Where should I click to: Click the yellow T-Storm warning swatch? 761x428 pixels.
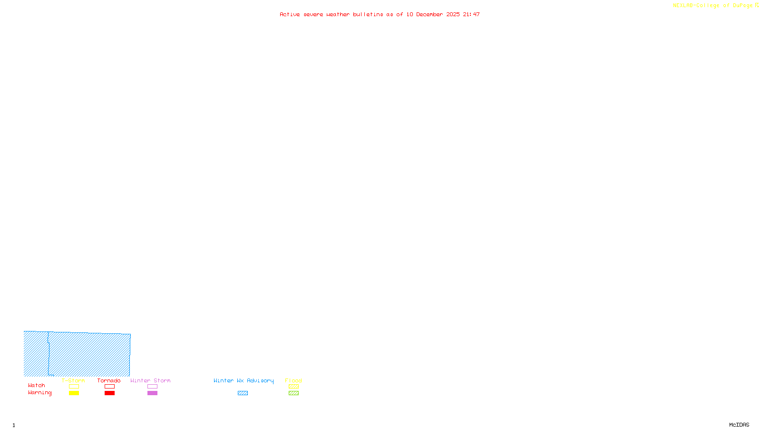tap(74, 393)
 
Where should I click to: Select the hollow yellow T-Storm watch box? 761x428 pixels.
tap(74, 387)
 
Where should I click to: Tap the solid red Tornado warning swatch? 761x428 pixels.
tap(109, 393)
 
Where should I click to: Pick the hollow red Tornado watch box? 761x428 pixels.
tap(109, 387)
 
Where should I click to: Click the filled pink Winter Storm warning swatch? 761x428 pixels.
tap(152, 393)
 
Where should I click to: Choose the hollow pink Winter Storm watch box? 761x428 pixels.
tap(152, 387)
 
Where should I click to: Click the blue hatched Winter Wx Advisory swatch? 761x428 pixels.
tap(243, 393)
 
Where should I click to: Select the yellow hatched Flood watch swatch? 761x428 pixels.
tap(293, 387)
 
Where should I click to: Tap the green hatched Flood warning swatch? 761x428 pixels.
tap(293, 393)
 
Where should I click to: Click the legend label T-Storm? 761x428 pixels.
tap(73, 380)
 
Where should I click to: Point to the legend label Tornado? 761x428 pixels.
tap(109, 380)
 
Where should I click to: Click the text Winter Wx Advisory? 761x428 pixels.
tap(244, 380)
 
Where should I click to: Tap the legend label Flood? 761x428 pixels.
tap(293, 380)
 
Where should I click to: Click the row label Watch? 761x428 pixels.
tap(37, 386)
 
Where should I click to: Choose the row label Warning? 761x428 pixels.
tap(39, 393)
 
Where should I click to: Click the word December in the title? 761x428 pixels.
tap(429, 14)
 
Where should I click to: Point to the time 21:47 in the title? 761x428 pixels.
tap(471, 14)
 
